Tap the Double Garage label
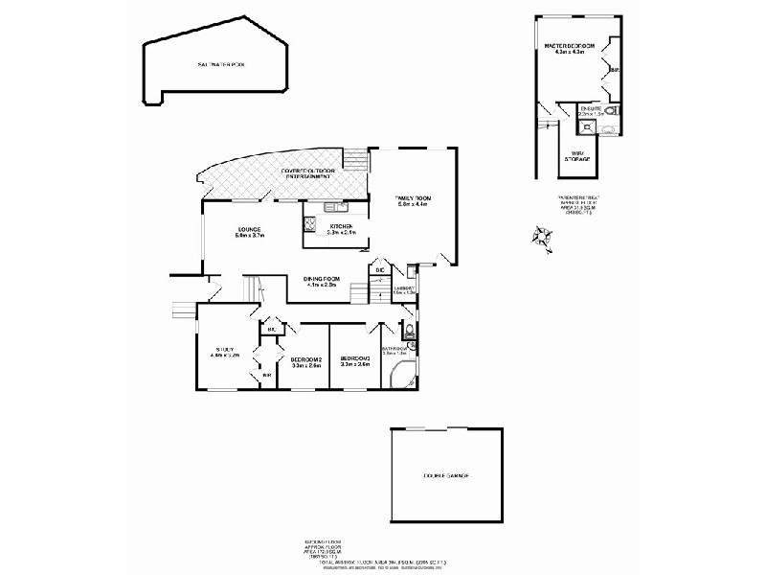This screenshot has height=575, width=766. (x=446, y=475)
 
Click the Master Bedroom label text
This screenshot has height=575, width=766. (x=569, y=49)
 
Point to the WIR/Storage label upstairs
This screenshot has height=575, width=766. (x=578, y=154)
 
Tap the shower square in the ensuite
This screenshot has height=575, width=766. (x=587, y=125)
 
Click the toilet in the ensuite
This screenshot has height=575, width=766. (x=613, y=111)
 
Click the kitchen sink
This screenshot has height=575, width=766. (x=332, y=207)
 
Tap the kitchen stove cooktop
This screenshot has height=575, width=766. (x=310, y=225)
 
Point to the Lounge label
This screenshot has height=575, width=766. (x=251, y=233)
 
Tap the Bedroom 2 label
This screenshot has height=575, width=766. (x=306, y=361)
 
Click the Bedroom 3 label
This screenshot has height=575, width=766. (x=355, y=361)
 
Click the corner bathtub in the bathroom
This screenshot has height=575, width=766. (x=402, y=378)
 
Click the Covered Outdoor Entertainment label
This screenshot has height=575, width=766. (x=306, y=174)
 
